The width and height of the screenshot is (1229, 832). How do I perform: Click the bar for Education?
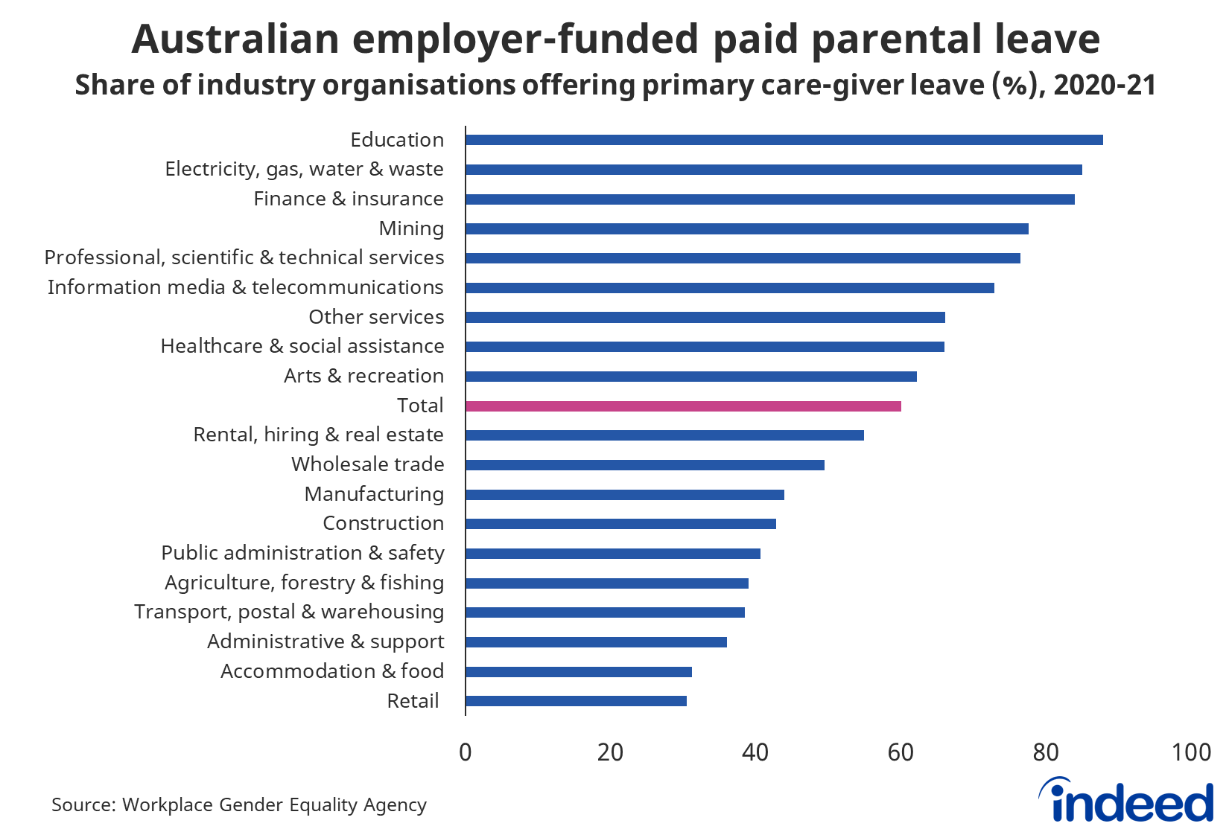(784, 140)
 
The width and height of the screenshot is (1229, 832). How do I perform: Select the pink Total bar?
(683, 406)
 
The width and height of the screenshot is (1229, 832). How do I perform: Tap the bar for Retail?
(576, 701)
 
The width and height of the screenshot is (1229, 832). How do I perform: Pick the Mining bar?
(746, 228)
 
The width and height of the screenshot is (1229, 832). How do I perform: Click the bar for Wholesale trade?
(645, 465)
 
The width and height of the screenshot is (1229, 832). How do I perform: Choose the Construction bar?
(620, 524)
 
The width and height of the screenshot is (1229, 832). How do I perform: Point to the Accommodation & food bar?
(579, 672)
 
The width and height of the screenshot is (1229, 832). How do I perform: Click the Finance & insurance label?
(348, 199)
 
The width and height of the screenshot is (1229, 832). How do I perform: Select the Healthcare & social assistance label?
(302, 346)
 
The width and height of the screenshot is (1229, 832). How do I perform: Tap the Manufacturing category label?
(374, 494)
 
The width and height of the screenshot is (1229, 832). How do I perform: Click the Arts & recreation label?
(363, 376)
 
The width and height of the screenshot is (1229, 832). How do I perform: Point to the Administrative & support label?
(325, 641)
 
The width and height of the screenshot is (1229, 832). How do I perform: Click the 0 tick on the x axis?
(466, 752)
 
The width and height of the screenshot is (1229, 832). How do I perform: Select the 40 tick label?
(755, 752)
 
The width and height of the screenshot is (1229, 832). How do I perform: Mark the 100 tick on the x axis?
(1190, 752)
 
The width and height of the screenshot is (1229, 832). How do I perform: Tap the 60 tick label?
(901, 752)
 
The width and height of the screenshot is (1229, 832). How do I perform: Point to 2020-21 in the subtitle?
(1105, 86)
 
